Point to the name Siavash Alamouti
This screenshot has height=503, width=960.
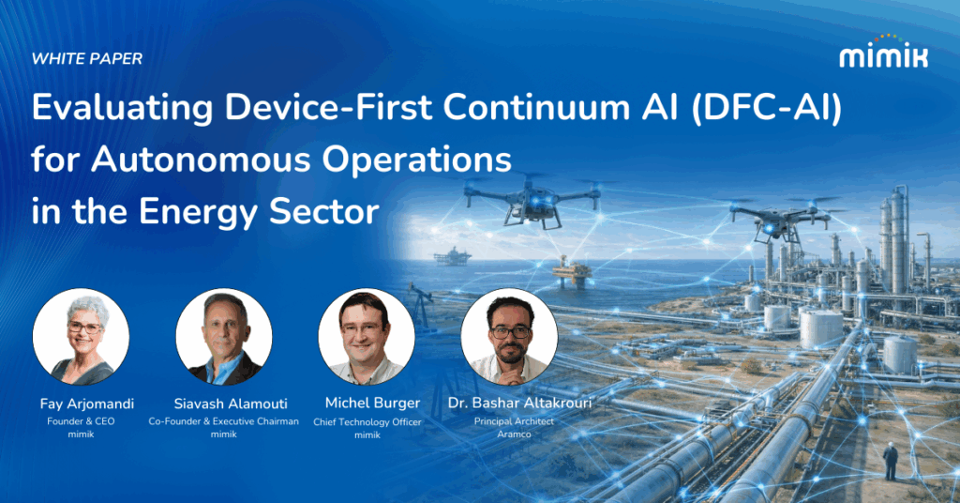tap(223, 404)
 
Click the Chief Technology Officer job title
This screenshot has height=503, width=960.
tap(367, 422)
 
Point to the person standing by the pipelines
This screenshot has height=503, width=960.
tap(891, 460)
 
